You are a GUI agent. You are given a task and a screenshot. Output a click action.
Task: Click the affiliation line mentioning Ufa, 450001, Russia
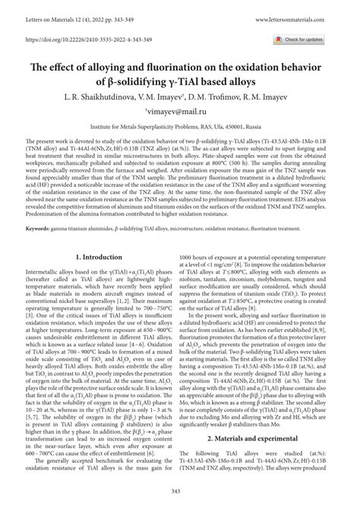pos(180,129)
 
